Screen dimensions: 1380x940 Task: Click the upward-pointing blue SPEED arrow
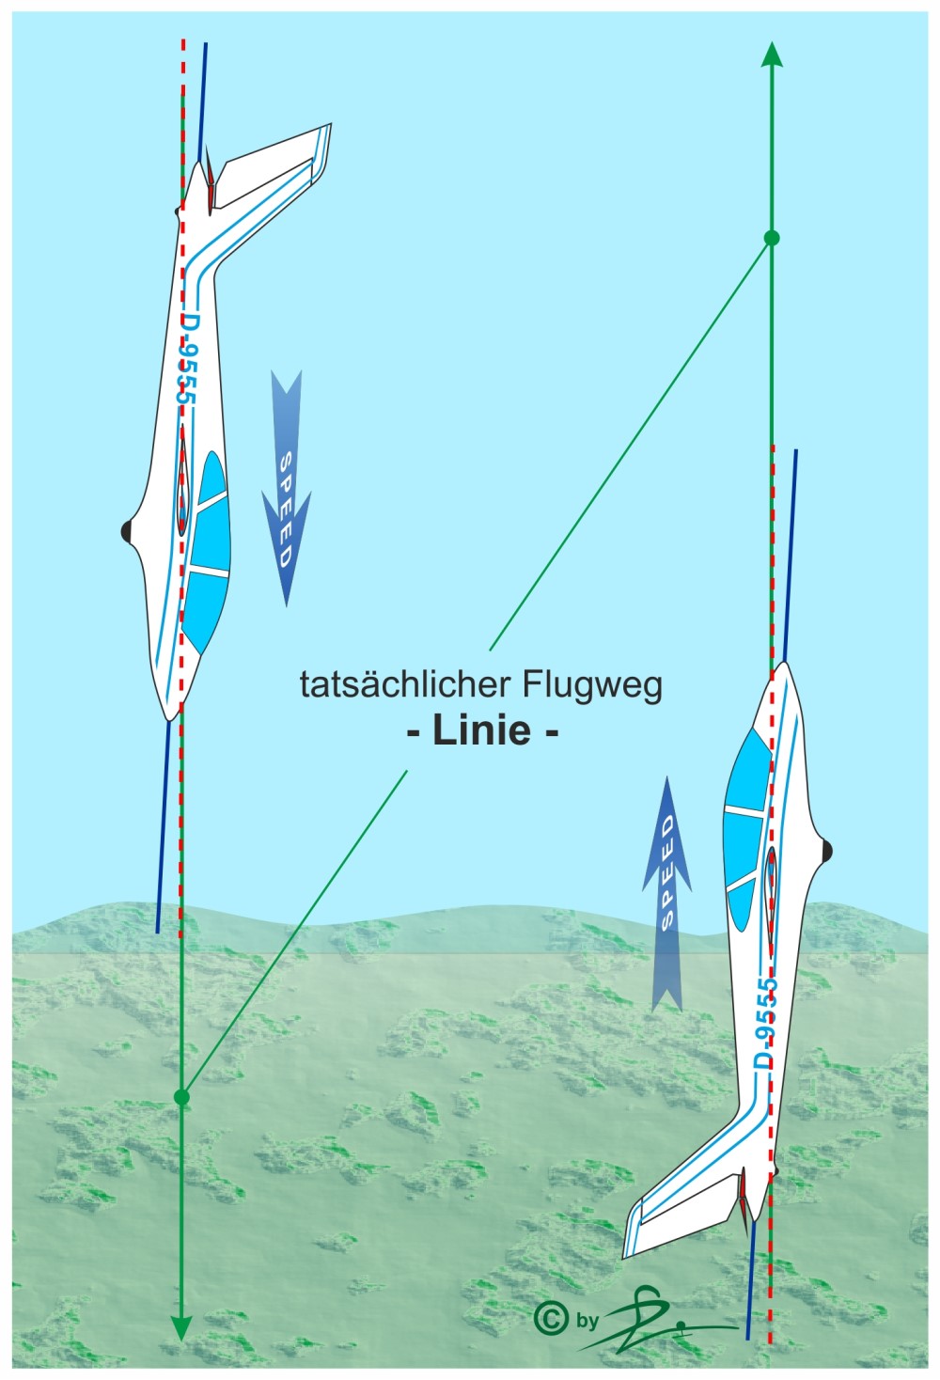[x=666, y=893]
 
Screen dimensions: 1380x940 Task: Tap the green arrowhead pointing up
[x=772, y=55]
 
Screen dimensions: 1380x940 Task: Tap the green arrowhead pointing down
[x=181, y=1327]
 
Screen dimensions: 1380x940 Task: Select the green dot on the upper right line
[x=772, y=238]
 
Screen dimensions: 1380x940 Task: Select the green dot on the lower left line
[x=182, y=1096]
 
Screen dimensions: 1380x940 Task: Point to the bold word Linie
[x=482, y=730]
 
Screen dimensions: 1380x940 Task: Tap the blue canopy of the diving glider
[x=206, y=555]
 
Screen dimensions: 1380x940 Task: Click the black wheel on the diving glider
[x=127, y=532]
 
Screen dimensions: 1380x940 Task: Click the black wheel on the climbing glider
[x=826, y=852]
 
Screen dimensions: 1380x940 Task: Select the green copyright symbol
[x=550, y=1318]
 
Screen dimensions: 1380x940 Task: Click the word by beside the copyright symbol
[x=587, y=1321]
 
